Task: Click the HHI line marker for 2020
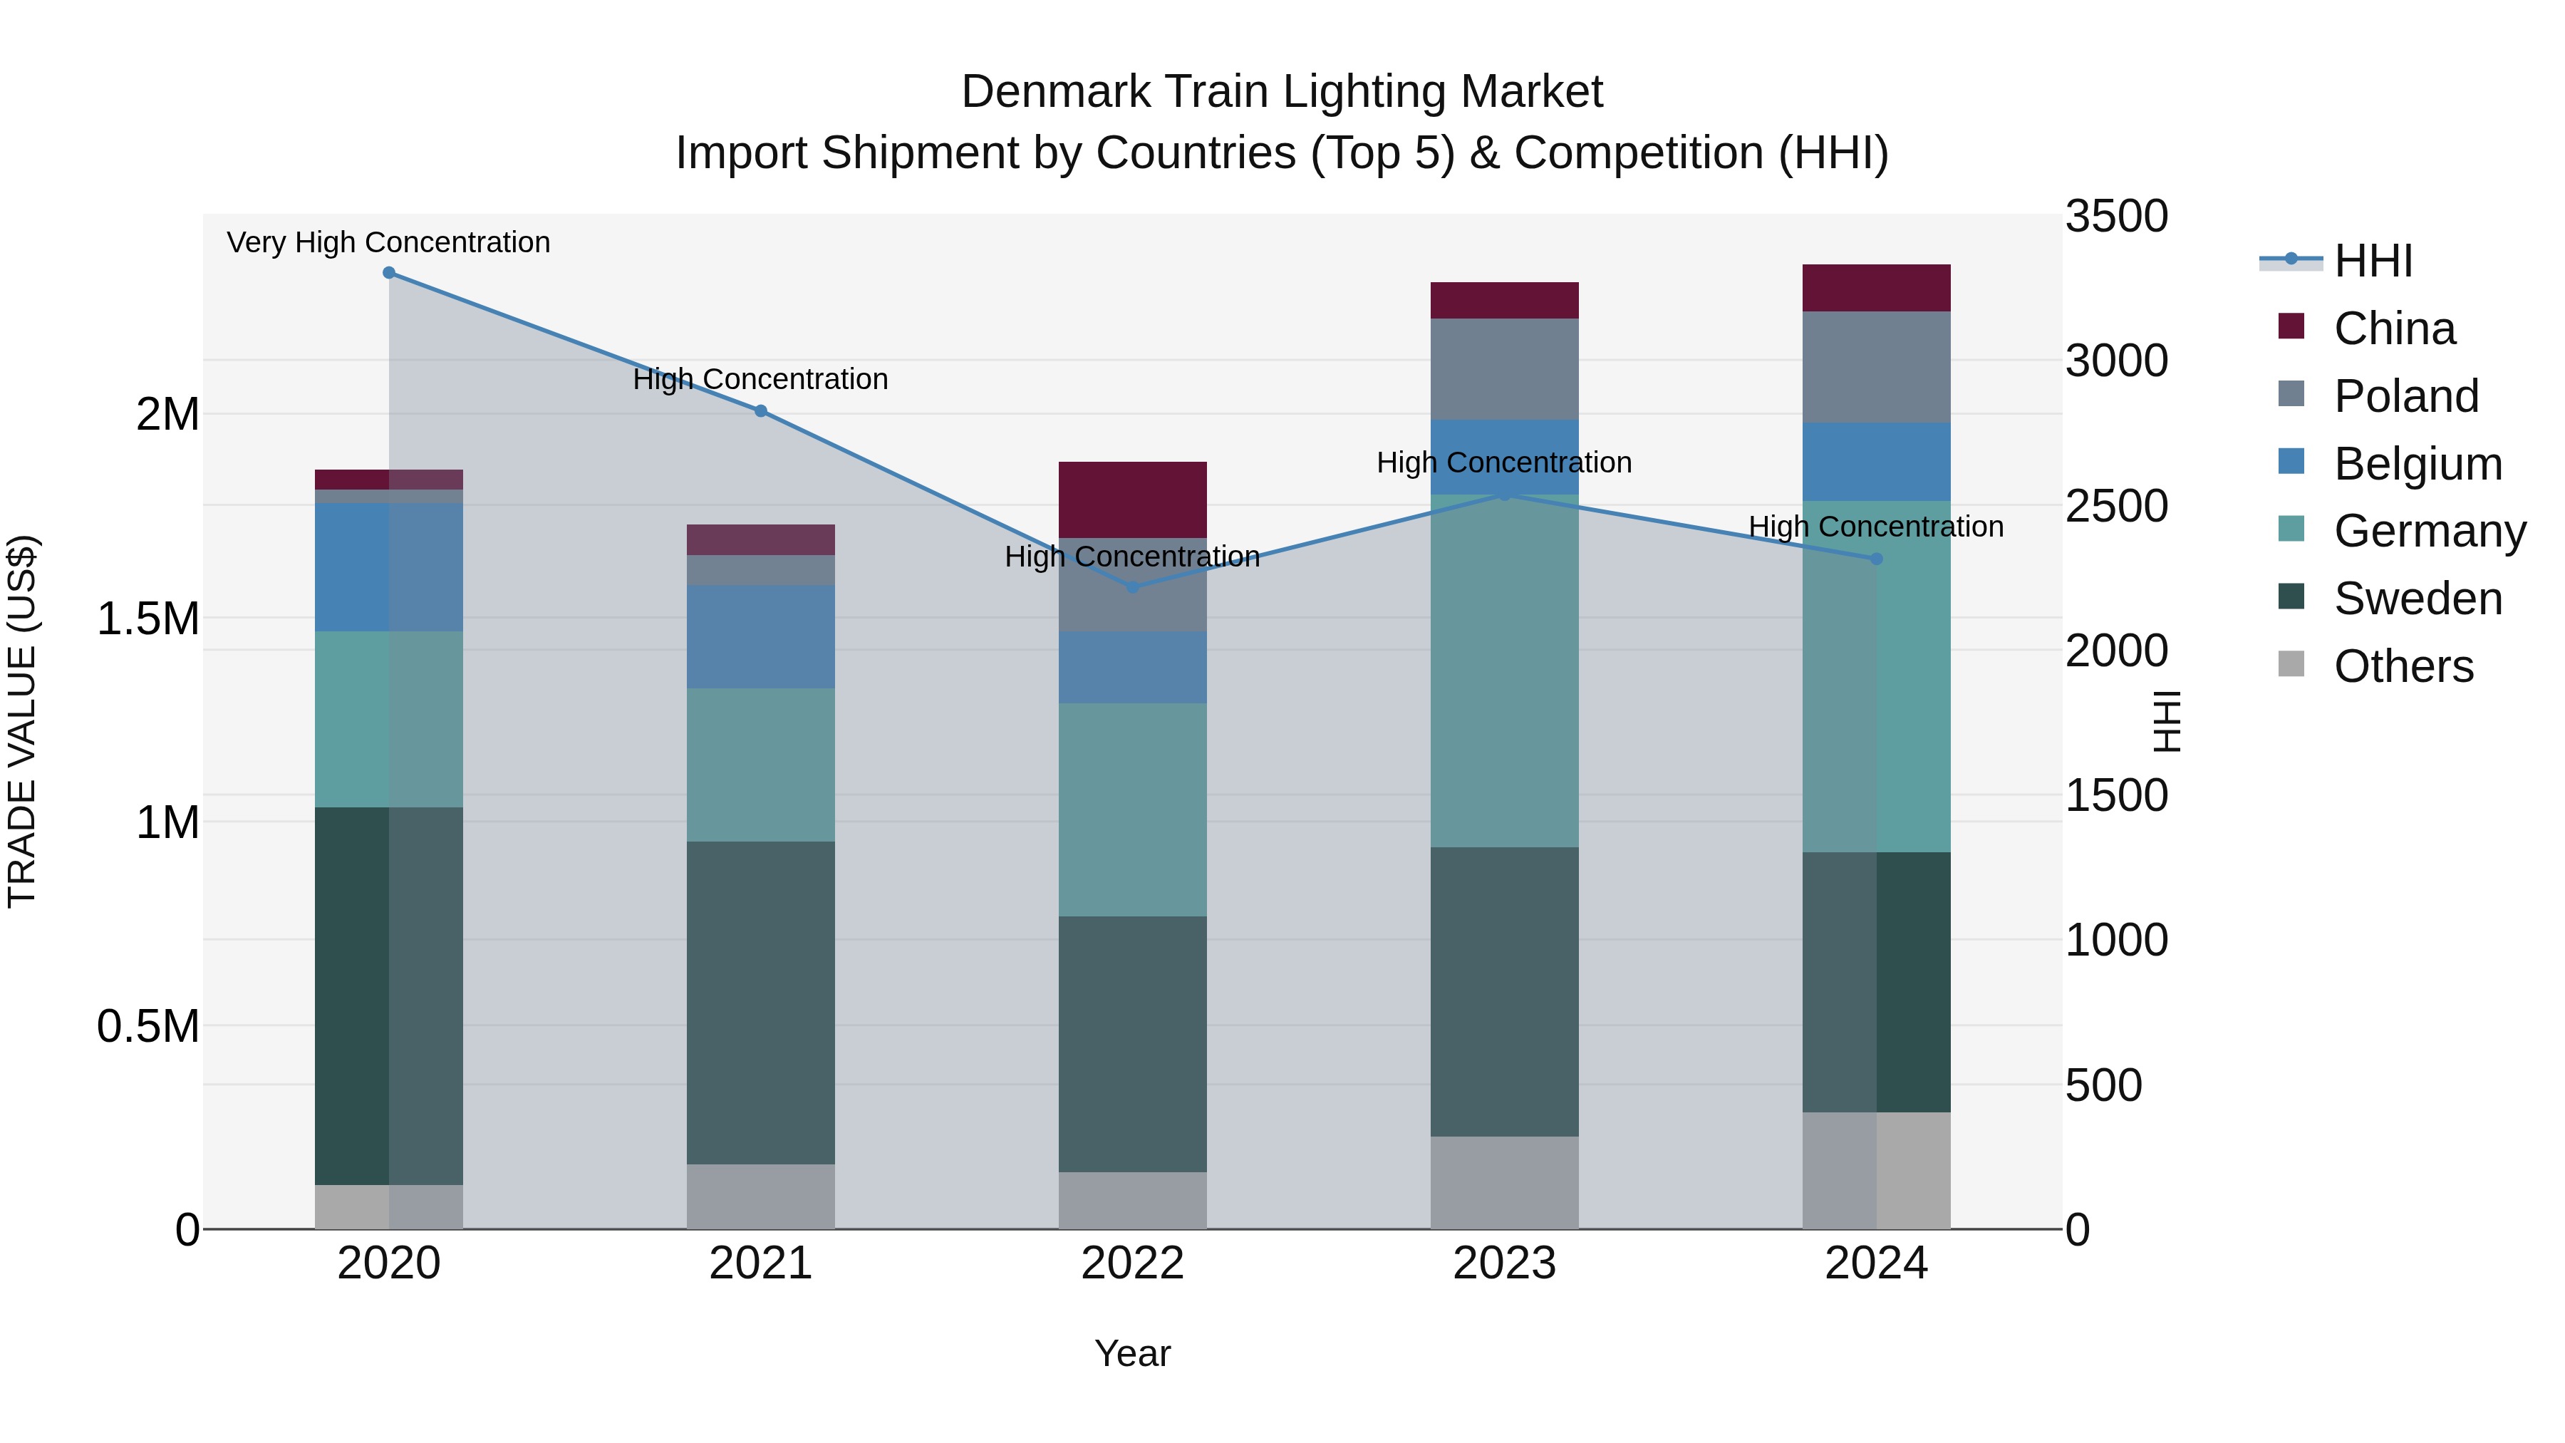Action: [x=389, y=273]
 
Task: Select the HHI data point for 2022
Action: [x=1132, y=588]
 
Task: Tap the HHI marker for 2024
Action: [x=1876, y=559]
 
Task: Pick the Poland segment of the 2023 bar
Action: [x=1505, y=368]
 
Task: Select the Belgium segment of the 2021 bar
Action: [x=761, y=636]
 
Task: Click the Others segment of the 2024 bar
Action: [x=1876, y=1170]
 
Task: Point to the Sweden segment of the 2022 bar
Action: [x=1132, y=1044]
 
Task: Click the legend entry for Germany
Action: [x=2430, y=531]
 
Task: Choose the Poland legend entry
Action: [x=2405, y=396]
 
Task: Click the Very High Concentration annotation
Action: [x=388, y=242]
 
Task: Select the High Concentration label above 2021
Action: [x=761, y=379]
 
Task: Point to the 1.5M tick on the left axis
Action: [x=147, y=619]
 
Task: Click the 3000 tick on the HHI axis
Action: [x=2116, y=361]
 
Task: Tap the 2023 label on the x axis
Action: [x=1505, y=1263]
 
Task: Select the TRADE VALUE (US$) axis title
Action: [x=22, y=721]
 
